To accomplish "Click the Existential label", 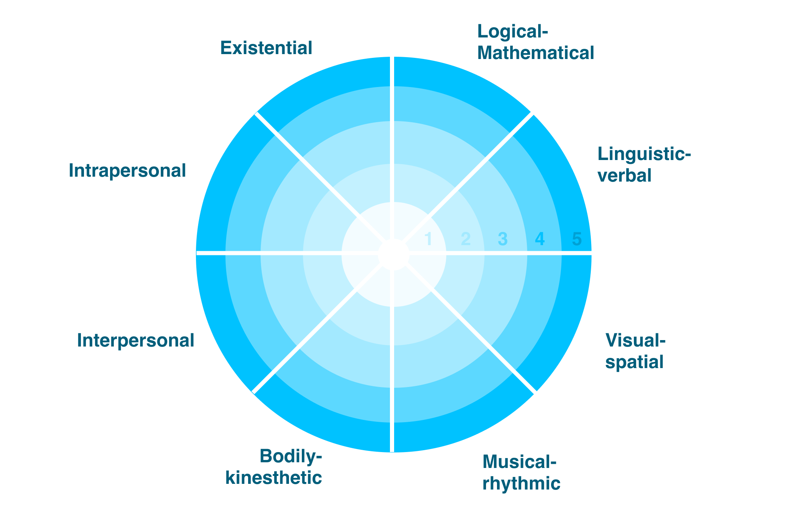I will point(266,48).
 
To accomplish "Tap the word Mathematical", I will point(536,53).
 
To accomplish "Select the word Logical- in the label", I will point(512,32).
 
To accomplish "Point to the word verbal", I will point(624,176).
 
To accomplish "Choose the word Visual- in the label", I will point(635,340).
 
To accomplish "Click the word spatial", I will point(634,362).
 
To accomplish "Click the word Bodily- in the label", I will point(290,457).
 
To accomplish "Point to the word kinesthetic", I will point(273,478).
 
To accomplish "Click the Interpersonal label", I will point(135,340).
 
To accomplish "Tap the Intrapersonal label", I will point(127,171).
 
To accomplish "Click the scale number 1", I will point(429,239).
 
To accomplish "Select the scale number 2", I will point(466,239).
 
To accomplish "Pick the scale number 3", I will point(502,239).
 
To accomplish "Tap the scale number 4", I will point(539,239).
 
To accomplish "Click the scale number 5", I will point(576,239).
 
